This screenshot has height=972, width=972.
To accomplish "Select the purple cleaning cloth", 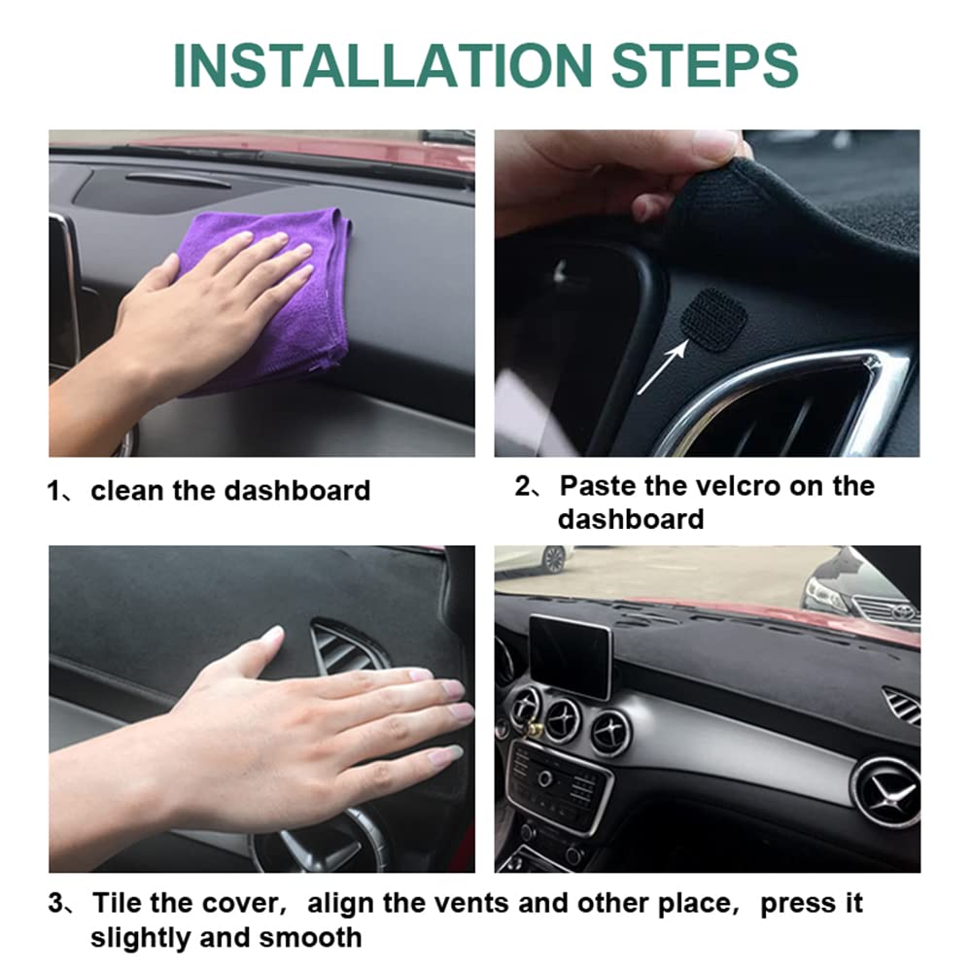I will pyautogui.click(x=282, y=292).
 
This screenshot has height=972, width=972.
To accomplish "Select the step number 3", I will pyautogui.click(x=56, y=904).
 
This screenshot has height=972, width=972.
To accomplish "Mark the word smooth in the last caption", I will pyautogui.click(x=310, y=938).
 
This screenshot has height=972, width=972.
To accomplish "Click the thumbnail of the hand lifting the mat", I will pyautogui.click(x=707, y=294).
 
